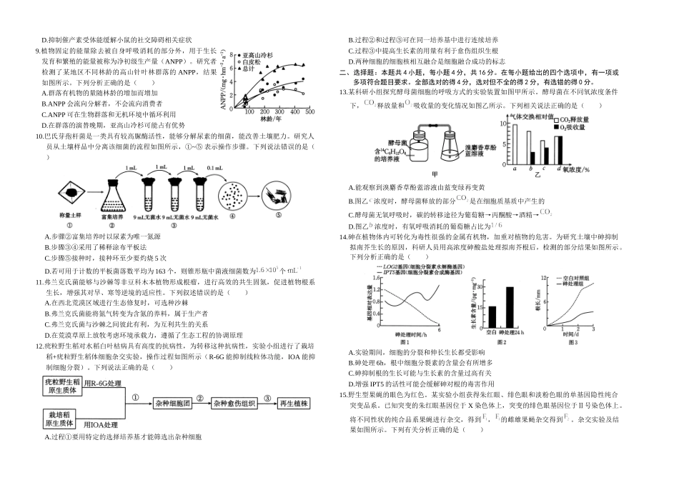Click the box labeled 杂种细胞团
point(173,403)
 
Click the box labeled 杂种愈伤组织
point(234,403)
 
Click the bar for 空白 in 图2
point(492,317)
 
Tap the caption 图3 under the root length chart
point(572,342)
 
